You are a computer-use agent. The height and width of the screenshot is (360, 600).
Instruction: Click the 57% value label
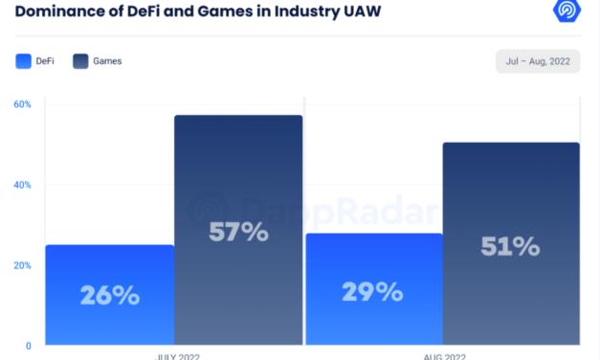coord(239,232)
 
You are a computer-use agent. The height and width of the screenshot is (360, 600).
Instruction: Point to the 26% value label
coord(110,295)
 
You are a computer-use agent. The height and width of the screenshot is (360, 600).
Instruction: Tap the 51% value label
coord(510,246)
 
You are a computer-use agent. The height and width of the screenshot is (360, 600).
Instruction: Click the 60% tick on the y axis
coord(22,103)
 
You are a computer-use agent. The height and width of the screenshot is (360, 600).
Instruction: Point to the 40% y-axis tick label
coord(22,184)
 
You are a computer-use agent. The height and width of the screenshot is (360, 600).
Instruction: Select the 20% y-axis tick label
coord(22,265)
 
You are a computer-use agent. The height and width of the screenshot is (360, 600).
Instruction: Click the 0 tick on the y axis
coord(29,345)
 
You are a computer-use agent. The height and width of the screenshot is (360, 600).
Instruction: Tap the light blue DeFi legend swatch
coord(24,61)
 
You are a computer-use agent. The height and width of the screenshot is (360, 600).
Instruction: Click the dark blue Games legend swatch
coord(80,61)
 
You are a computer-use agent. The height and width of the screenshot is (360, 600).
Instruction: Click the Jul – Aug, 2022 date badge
coord(538,61)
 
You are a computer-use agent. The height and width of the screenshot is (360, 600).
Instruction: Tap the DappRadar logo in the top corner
coord(567,11)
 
